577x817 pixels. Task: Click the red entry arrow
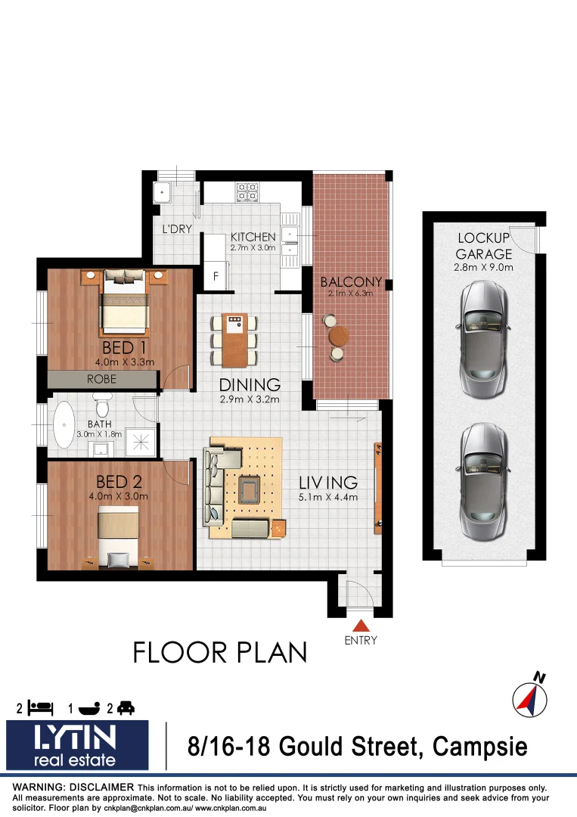point(361,625)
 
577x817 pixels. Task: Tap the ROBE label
point(101,378)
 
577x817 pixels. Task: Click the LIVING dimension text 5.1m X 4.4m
point(327,497)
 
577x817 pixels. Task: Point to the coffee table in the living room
point(248,489)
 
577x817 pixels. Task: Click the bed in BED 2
point(119,534)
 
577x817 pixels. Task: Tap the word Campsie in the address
point(481,747)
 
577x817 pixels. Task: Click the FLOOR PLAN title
point(220,652)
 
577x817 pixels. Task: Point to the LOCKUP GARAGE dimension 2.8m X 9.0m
point(484,267)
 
